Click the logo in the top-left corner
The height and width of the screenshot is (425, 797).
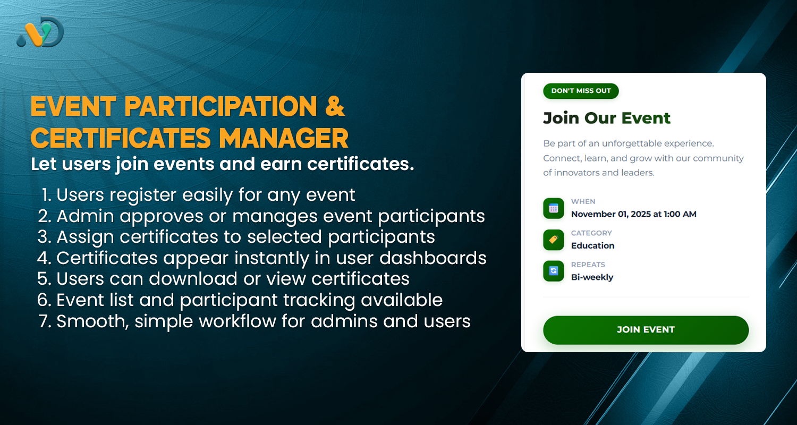pyautogui.click(x=40, y=32)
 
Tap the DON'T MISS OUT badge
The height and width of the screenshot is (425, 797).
pyautogui.click(x=581, y=91)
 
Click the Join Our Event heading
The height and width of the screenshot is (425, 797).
pyautogui.click(x=607, y=118)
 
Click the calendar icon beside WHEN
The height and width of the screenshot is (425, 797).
pyautogui.click(x=553, y=208)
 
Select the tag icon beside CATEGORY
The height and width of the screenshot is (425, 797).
pyautogui.click(x=553, y=240)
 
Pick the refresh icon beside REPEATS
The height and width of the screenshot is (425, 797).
pyautogui.click(x=553, y=271)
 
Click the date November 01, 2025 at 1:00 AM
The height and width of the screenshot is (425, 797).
pyautogui.click(x=633, y=215)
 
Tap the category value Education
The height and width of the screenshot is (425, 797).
pyautogui.click(x=592, y=246)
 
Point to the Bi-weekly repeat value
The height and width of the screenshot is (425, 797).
pyautogui.click(x=592, y=277)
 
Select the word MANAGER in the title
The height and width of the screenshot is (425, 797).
pyautogui.click(x=284, y=138)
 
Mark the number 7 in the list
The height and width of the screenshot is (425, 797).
pyautogui.click(x=44, y=321)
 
